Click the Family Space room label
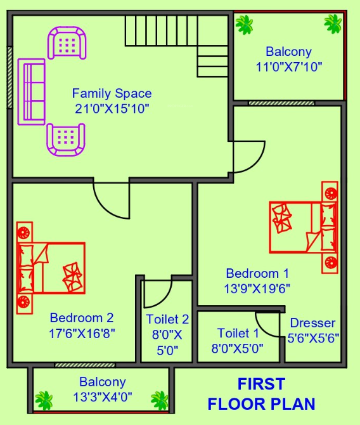(112, 94)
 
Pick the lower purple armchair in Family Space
(66, 138)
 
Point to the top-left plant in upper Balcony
(243, 24)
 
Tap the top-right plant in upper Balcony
(333, 24)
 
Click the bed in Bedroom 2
(51, 268)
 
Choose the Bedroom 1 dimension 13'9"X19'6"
(257, 287)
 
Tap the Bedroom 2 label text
(82, 318)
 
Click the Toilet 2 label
(167, 319)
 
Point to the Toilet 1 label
(238, 333)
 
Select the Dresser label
(312, 324)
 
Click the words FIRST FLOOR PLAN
(261, 393)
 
